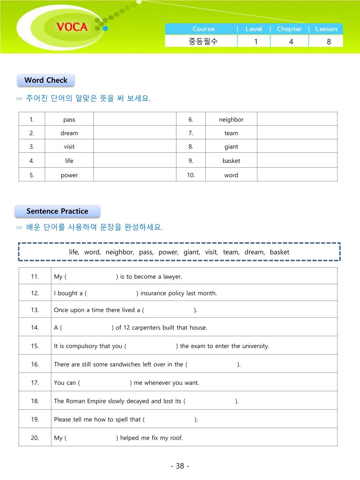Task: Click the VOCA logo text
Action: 72,27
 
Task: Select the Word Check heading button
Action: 46,80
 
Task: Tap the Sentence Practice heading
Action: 57,211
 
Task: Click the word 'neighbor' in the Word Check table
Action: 231,120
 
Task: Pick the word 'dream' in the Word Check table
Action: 69,133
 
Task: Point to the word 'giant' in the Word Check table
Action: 231,147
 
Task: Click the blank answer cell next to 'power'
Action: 135,175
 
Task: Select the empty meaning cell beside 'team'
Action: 297,133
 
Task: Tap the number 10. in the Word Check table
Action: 191,175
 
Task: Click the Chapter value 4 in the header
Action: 291,41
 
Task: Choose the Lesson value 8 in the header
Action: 329,41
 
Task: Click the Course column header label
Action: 203,29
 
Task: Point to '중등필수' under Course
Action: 203,41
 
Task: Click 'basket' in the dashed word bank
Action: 279,252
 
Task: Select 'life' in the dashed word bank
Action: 74,252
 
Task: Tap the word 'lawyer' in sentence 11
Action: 172,277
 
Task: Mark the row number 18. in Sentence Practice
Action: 35,401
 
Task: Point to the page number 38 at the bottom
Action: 180,466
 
